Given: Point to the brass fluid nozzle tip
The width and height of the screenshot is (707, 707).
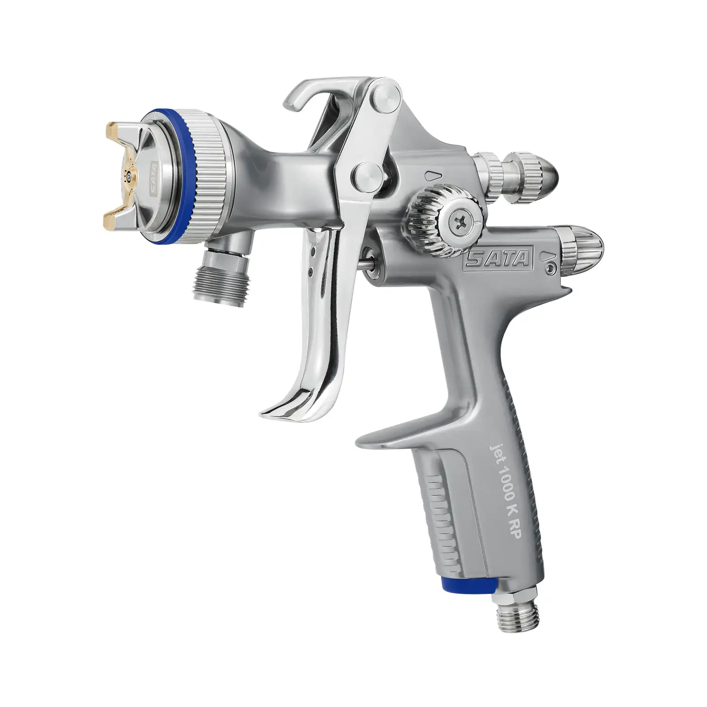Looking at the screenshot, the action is (129, 177).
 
